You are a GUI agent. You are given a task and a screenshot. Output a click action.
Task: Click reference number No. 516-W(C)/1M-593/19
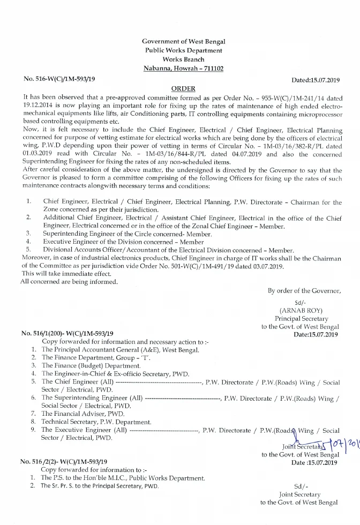pos(59,79)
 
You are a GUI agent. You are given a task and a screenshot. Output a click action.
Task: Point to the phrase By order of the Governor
pos(304,291)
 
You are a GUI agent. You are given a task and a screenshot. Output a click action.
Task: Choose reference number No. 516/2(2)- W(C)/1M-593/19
pos(64,461)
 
